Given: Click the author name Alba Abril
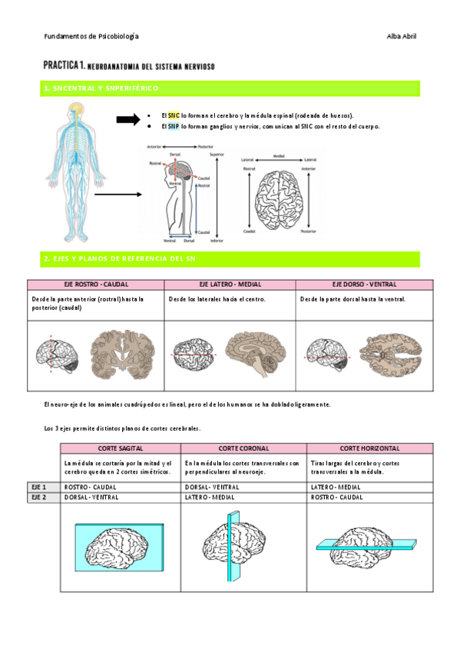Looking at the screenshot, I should (402, 36).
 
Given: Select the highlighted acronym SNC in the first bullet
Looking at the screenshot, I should (174, 115).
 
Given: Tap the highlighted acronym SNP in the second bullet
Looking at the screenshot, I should (174, 126).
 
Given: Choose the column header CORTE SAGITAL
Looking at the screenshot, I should (120, 447).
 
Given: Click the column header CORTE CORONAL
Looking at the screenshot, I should (243, 447).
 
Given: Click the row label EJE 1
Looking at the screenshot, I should (39, 487).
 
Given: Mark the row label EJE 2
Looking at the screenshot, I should (39, 497).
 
